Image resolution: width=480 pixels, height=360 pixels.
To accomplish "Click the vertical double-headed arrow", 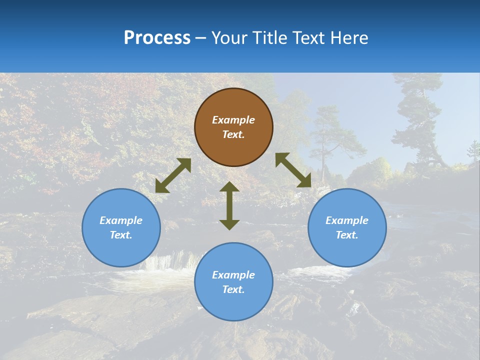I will [229, 205].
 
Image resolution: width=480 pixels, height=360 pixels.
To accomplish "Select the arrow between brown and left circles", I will [173, 175].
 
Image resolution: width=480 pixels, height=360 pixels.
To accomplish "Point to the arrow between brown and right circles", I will [293, 170].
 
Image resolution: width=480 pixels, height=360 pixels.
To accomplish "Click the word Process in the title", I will [157, 38].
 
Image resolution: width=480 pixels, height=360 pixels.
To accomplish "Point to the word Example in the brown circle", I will [233, 120].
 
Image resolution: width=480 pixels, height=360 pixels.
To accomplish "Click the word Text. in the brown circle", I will [233, 134].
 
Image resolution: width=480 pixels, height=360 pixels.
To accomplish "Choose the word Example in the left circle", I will [121, 220].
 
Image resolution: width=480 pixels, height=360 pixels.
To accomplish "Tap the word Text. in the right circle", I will [347, 235].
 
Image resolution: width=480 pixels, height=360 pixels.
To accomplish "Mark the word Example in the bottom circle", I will [233, 275].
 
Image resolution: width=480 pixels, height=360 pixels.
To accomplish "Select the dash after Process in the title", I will [200, 38].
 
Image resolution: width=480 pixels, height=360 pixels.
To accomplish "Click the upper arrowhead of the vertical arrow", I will [229, 187].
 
